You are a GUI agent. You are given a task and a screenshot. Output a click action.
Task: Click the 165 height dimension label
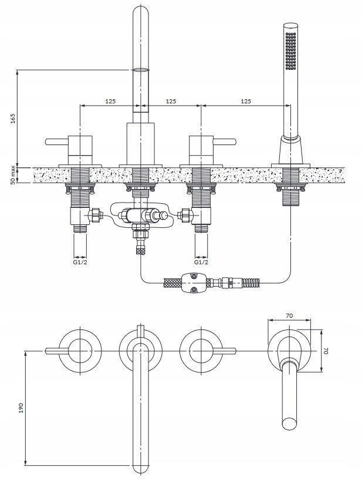pos(12,119)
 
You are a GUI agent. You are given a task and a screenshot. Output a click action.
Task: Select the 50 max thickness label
pos(12,175)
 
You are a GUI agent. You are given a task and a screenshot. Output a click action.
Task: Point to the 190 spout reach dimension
pos(21,408)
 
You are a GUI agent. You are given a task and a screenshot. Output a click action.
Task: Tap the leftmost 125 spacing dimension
pos(110,101)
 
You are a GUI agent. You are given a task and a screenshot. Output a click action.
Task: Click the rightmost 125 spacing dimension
pos(246,101)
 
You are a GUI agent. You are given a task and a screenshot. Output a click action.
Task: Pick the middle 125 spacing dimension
pos(171,101)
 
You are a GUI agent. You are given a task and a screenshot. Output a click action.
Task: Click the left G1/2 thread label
pos(80,263)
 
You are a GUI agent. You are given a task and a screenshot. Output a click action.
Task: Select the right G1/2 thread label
pos(201,263)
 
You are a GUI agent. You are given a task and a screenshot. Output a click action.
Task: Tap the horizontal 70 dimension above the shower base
pos(289,315)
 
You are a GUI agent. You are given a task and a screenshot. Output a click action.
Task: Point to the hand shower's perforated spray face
pos(290,51)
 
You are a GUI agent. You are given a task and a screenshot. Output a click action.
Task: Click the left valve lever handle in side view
pos(57,142)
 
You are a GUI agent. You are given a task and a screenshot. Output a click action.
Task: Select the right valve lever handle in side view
pos(225,142)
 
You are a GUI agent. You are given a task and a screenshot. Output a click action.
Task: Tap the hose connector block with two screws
pos(193,282)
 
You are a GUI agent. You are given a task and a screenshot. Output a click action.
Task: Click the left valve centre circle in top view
pos(80,351)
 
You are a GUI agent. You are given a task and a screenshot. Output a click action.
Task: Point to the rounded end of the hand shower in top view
pos(289,423)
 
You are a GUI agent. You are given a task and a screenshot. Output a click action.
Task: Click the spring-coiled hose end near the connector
pos(251,282)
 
